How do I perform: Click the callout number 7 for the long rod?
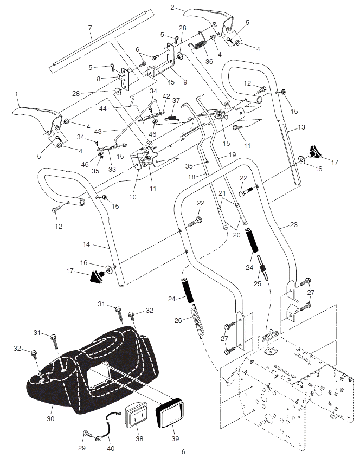pyautogui.click(x=90, y=28)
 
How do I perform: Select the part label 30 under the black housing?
pyautogui.click(x=50, y=418)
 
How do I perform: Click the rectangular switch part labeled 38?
pyautogui.click(x=138, y=416)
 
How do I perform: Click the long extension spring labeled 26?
pyautogui.click(x=197, y=321)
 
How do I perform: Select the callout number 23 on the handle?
pyautogui.click(x=294, y=224)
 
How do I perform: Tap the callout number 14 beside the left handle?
pyautogui.click(x=87, y=244)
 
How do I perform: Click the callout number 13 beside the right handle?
pyautogui.click(x=301, y=127)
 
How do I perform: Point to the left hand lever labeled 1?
pyautogui.click(x=37, y=118)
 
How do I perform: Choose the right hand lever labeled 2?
pyautogui.click(x=209, y=22)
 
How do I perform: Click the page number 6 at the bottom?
pyautogui.click(x=183, y=452)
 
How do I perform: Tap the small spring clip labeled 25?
pyautogui.click(x=263, y=268)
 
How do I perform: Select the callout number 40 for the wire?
pyautogui.click(x=111, y=448)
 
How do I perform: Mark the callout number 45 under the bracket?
pyautogui.click(x=171, y=82)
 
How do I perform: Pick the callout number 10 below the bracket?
pyautogui.click(x=133, y=197)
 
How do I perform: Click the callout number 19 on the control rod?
pyautogui.click(x=232, y=155)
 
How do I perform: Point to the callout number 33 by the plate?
pyautogui.click(x=112, y=169)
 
